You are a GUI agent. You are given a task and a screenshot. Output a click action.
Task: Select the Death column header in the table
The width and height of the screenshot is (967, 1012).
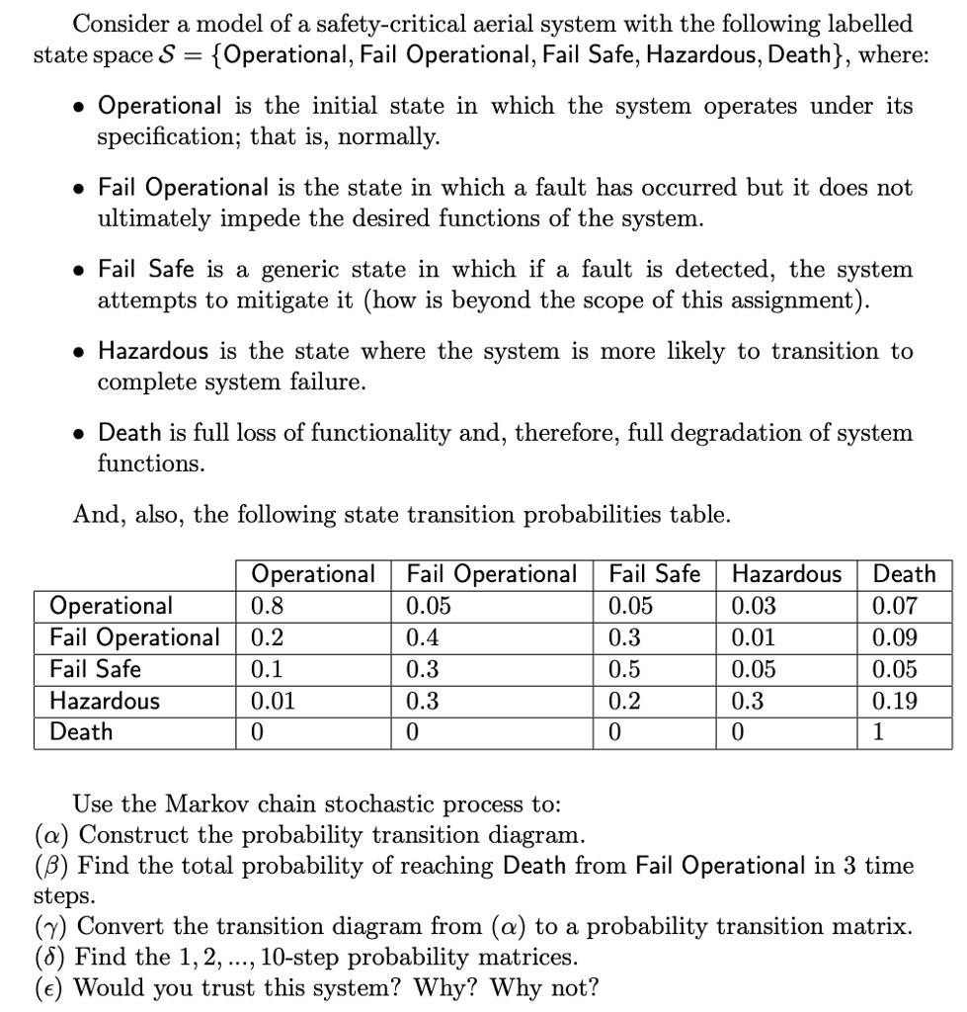tap(905, 574)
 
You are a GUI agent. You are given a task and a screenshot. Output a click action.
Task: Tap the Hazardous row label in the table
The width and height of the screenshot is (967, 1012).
tap(105, 701)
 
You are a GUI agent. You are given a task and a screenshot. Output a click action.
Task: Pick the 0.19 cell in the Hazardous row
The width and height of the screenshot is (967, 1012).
tap(897, 701)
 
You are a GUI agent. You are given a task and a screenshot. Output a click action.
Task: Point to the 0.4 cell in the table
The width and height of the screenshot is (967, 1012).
tap(422, 637)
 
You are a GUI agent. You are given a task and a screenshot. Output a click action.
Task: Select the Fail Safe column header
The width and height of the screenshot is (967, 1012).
tap(655, 574)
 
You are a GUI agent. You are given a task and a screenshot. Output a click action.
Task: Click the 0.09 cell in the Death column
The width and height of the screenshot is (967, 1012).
tap(897, 637)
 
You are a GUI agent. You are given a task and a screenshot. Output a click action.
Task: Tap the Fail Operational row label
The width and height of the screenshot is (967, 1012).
tap(135, 637)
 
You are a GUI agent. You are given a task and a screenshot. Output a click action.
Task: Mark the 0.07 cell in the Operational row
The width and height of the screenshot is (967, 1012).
tap(897, 606)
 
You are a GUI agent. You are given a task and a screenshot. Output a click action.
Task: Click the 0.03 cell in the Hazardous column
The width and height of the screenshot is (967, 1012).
tap(755, 606)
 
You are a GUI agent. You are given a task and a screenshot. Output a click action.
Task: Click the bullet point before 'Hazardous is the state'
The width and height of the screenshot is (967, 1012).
tap(77, 353)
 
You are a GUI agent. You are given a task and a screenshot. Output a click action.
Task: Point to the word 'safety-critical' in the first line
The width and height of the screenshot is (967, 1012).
tap(385, 23)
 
